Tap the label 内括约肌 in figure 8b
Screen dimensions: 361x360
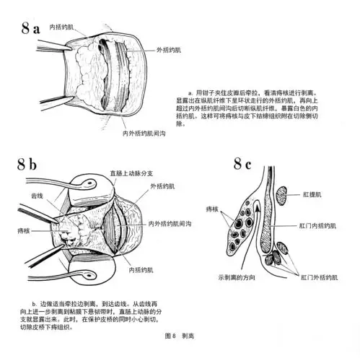pyautogui.click(x=140, y=270)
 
